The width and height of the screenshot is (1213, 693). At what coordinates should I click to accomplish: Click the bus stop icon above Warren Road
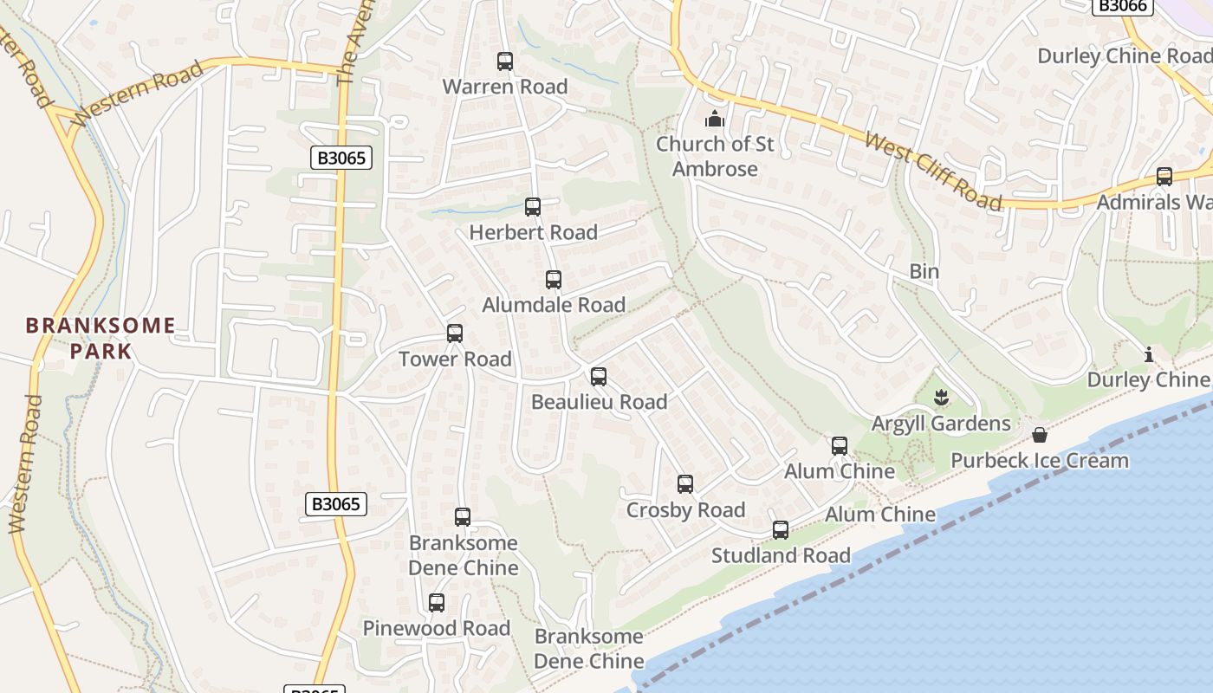(505, 62)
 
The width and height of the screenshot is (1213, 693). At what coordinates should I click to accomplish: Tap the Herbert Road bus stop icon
(533, 207)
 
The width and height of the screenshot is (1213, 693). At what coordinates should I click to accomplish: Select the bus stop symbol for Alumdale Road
(554, 280)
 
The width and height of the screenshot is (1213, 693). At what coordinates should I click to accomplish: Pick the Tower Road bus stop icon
(455, 334)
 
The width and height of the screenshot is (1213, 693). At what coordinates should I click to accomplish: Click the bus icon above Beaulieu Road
(599, 377)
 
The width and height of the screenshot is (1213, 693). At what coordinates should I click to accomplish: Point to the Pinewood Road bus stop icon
(437, 603)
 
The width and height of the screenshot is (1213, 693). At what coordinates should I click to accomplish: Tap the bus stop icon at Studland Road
(781, 530)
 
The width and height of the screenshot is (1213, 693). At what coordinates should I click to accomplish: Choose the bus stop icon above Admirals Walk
(1164, 177)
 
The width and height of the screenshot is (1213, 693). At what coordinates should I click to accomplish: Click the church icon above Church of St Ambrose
(715, 119)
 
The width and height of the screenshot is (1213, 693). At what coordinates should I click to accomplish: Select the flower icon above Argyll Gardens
(941, 398)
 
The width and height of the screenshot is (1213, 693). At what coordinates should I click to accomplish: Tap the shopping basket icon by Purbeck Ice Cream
(1040, 434)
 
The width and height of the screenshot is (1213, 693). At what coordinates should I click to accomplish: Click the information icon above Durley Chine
(1149, 354)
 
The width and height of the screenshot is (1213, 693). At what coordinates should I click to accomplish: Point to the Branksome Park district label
(101, 339)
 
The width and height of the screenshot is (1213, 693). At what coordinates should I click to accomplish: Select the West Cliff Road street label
(933, 172)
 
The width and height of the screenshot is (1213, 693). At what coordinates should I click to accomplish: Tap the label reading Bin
(924, 271)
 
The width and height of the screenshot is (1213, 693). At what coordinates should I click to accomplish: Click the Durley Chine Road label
(1125, 56)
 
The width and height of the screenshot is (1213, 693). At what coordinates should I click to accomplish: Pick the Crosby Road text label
(685, 510)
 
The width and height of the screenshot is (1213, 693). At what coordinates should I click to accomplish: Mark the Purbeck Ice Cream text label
(1040, 460)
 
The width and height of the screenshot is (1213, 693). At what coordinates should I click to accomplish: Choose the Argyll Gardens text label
(941, 424)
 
